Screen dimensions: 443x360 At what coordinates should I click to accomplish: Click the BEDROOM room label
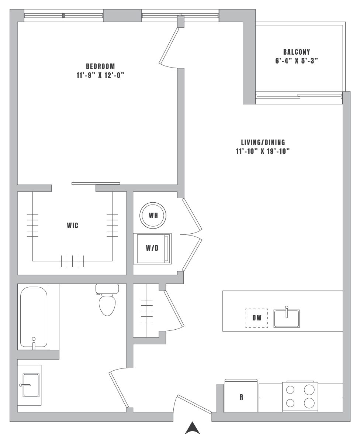(100, 66)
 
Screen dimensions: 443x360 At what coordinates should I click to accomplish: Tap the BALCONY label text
(297, 52)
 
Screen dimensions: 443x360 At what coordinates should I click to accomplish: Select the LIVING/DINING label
(263, 142)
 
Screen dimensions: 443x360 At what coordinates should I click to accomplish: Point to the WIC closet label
(72, 226)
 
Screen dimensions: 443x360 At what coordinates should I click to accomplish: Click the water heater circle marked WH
(153, 215)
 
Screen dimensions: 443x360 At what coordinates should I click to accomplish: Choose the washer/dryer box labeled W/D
(152, 248)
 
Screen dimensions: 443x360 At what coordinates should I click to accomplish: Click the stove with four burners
(300, 396)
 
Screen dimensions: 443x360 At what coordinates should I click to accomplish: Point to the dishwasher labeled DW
(257, 318)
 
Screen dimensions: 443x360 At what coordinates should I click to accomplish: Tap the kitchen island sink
(286, 318)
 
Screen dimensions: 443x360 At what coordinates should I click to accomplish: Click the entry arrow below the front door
(192, 428)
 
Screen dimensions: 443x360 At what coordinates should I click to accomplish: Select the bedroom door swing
(169, 46)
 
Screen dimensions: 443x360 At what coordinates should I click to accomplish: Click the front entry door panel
(194, 404)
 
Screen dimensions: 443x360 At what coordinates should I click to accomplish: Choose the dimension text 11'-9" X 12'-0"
(100, 75)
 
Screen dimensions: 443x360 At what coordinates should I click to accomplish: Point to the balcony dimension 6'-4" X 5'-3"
(297, 61)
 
